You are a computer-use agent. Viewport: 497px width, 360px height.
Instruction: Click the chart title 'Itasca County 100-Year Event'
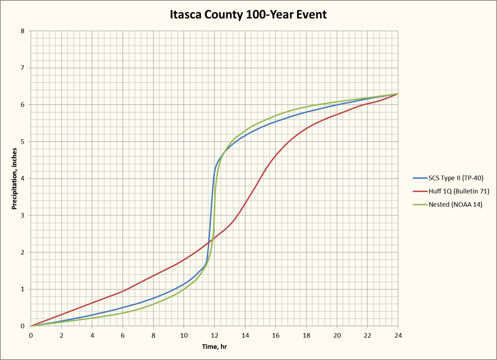248,15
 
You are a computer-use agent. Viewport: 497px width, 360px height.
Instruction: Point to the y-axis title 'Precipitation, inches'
14,179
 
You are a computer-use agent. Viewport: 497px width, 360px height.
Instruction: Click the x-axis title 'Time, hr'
214,347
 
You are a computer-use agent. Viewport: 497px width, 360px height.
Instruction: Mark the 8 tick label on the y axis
23,31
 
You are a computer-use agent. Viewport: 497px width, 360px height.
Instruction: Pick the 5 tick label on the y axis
23,142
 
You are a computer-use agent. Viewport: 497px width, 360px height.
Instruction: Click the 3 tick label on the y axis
23,216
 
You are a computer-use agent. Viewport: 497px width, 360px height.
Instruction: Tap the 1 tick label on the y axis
23,289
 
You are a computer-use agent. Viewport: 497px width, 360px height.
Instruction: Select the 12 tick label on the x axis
214,335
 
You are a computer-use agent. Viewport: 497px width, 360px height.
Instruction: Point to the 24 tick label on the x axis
398,335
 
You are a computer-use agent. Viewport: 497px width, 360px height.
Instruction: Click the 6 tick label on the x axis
123,335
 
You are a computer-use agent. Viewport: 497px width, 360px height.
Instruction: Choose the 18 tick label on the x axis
306,335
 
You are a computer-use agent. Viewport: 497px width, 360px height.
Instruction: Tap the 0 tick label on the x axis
31,335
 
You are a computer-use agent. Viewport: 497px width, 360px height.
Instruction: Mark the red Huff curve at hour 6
123,291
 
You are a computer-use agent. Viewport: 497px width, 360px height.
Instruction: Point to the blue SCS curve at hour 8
154,298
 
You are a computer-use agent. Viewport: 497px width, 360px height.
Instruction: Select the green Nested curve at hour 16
275,116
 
